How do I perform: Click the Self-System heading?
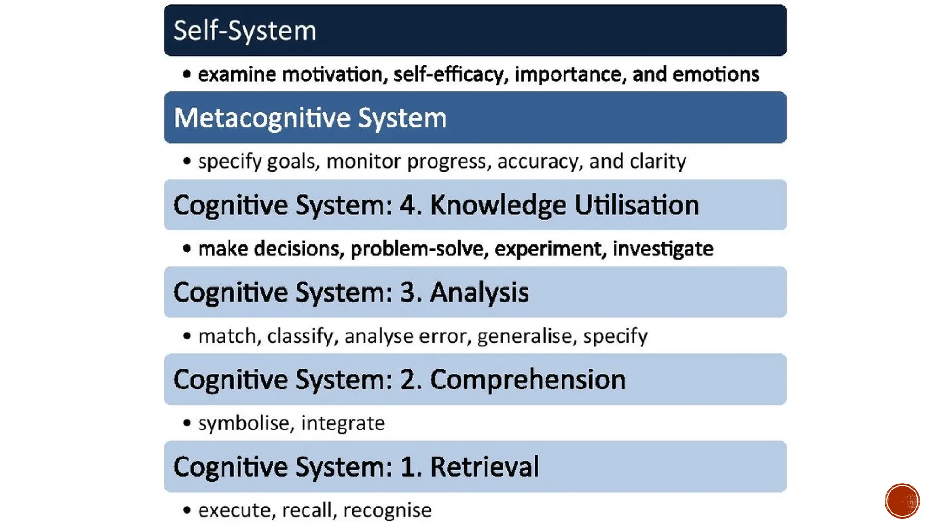click(x=244, y=31)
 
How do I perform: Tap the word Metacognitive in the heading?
click(x=262, y=118)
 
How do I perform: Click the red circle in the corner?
click(x=902, y=501)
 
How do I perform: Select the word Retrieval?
click(x=485, y=466)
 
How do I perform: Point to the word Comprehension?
click(x=528, y=380)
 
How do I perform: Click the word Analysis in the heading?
click(x=479, y=292)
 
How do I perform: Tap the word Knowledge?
click(x=498, y=205)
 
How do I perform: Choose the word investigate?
click(x=663, y=249)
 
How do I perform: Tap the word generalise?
click(x=527, y=336)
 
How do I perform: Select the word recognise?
click(x=387, y=510)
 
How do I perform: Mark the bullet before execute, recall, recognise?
click(x=187, y=510)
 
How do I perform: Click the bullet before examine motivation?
click(x=187, y=74)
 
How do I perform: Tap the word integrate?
click(x=343, y=423)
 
